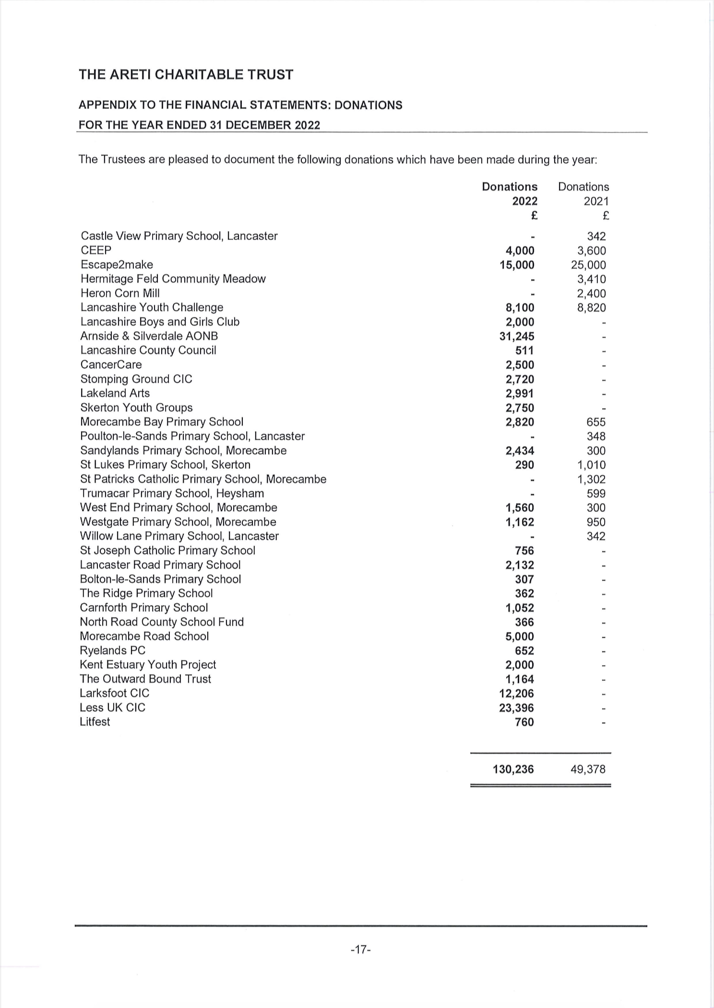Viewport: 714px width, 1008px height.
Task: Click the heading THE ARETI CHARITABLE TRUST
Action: coord(186,75)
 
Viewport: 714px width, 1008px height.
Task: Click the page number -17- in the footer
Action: coord(361,949)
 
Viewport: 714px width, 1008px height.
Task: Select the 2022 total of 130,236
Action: coord(513,769)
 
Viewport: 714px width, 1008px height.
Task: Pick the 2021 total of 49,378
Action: coord(588,769)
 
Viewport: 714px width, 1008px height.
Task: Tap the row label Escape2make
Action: coord(117,265)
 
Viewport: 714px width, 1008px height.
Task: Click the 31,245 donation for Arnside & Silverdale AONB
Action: coord(516,336)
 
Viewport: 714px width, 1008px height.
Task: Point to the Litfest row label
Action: coord(95,722)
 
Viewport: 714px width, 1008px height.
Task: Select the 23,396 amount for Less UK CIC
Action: coord(516,708)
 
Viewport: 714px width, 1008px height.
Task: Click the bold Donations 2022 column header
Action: coord(510,194)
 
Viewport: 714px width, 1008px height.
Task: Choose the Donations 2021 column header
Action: coord(583,194)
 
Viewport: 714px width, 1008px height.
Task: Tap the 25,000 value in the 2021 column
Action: coord(588,265)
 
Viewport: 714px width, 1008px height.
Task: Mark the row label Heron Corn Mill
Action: coord(120,293)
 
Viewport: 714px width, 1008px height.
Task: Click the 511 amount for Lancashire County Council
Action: coord(524,351)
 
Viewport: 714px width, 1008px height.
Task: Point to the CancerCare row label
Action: coord(111,364)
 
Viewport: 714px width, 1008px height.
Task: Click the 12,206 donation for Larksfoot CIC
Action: coord(516,693)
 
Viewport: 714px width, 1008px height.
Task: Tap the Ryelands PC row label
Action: coord(112,650)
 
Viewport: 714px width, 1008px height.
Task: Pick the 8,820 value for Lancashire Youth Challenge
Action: coord(591,308)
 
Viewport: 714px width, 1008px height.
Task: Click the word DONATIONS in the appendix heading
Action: coord(368,105)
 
